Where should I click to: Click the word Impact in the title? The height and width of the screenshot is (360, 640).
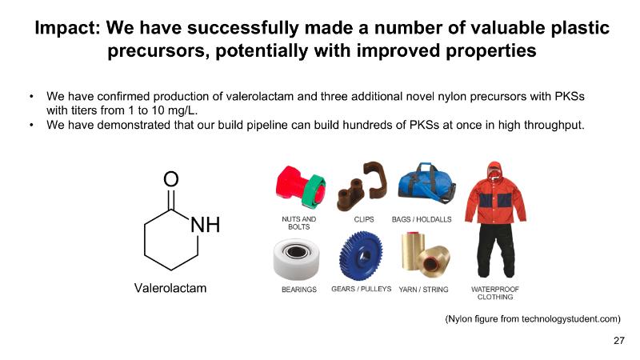tap(67, 28)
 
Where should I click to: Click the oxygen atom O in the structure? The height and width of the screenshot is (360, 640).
tap(171, 178)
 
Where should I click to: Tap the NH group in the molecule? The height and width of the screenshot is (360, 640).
tap(206, 225)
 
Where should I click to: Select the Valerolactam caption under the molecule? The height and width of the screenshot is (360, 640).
tap(170, 288)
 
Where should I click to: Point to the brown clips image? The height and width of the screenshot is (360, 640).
tap(362, 186)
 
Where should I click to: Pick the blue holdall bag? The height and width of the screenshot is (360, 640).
tap(426, 184)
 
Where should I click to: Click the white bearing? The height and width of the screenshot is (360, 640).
tap(296, 258)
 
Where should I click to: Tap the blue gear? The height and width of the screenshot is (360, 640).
tap(361, 255)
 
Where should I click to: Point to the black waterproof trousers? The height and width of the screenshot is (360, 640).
tap(496, 250)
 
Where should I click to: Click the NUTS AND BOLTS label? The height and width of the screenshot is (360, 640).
tap(298, 223)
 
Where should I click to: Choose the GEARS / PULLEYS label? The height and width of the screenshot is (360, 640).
tap(362, 289)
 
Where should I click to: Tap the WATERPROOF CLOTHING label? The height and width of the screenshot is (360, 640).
tap(495, 293)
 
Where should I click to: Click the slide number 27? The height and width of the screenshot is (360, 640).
tap(618, 341)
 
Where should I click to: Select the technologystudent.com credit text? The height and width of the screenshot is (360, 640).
tap(533, 318)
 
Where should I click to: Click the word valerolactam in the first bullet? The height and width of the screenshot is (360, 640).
tap(259, 96)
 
